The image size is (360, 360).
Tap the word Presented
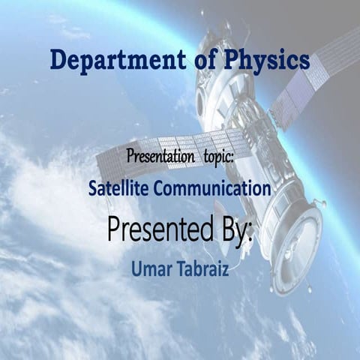click(163, 229)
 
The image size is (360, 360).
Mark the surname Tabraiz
click(200, 267)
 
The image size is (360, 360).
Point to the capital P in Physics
click(225, 60)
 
